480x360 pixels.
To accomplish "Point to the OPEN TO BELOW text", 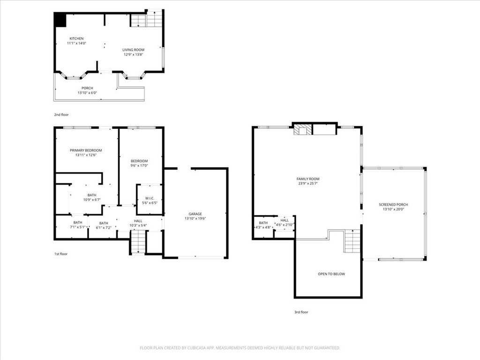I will coord(331,274).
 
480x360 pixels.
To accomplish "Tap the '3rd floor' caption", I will coord(301,312).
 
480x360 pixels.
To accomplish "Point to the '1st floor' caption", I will coord(60,254).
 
